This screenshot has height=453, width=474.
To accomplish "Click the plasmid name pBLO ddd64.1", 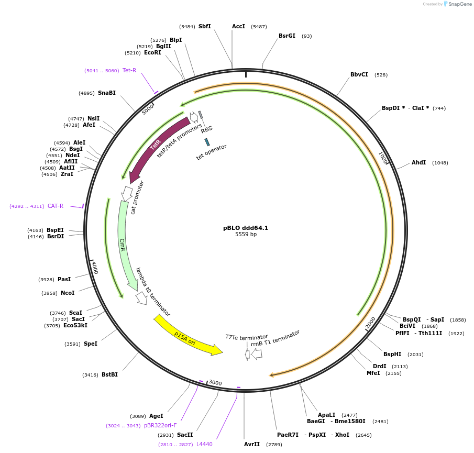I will tap(246, 228).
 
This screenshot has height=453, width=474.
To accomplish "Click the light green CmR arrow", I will tap(124, 246).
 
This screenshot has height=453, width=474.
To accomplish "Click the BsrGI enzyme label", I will tap(286, 36).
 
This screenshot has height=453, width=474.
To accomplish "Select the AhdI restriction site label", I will tap(418, 162).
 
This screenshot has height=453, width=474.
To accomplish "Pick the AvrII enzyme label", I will tap(252, 444).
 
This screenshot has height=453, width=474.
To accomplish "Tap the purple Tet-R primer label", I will tap(129, 70).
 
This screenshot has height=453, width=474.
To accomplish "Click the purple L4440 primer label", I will tap(204, 444).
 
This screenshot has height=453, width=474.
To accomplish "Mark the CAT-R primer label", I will tap(56, 206).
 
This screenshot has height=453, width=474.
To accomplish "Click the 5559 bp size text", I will tap(246, 235).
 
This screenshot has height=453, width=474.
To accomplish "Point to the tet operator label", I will tap(212, 152).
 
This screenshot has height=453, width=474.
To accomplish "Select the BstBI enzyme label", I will tap(109, 374).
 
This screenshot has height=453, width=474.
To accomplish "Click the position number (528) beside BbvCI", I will tap(381, 75).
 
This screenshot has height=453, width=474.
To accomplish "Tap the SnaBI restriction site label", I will tap(106, 93).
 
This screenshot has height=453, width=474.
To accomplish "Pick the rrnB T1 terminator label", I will tap(275, 338).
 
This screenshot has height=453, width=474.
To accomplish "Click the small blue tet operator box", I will tap(207, 142).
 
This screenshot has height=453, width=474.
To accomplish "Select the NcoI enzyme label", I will tap(68, 293).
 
